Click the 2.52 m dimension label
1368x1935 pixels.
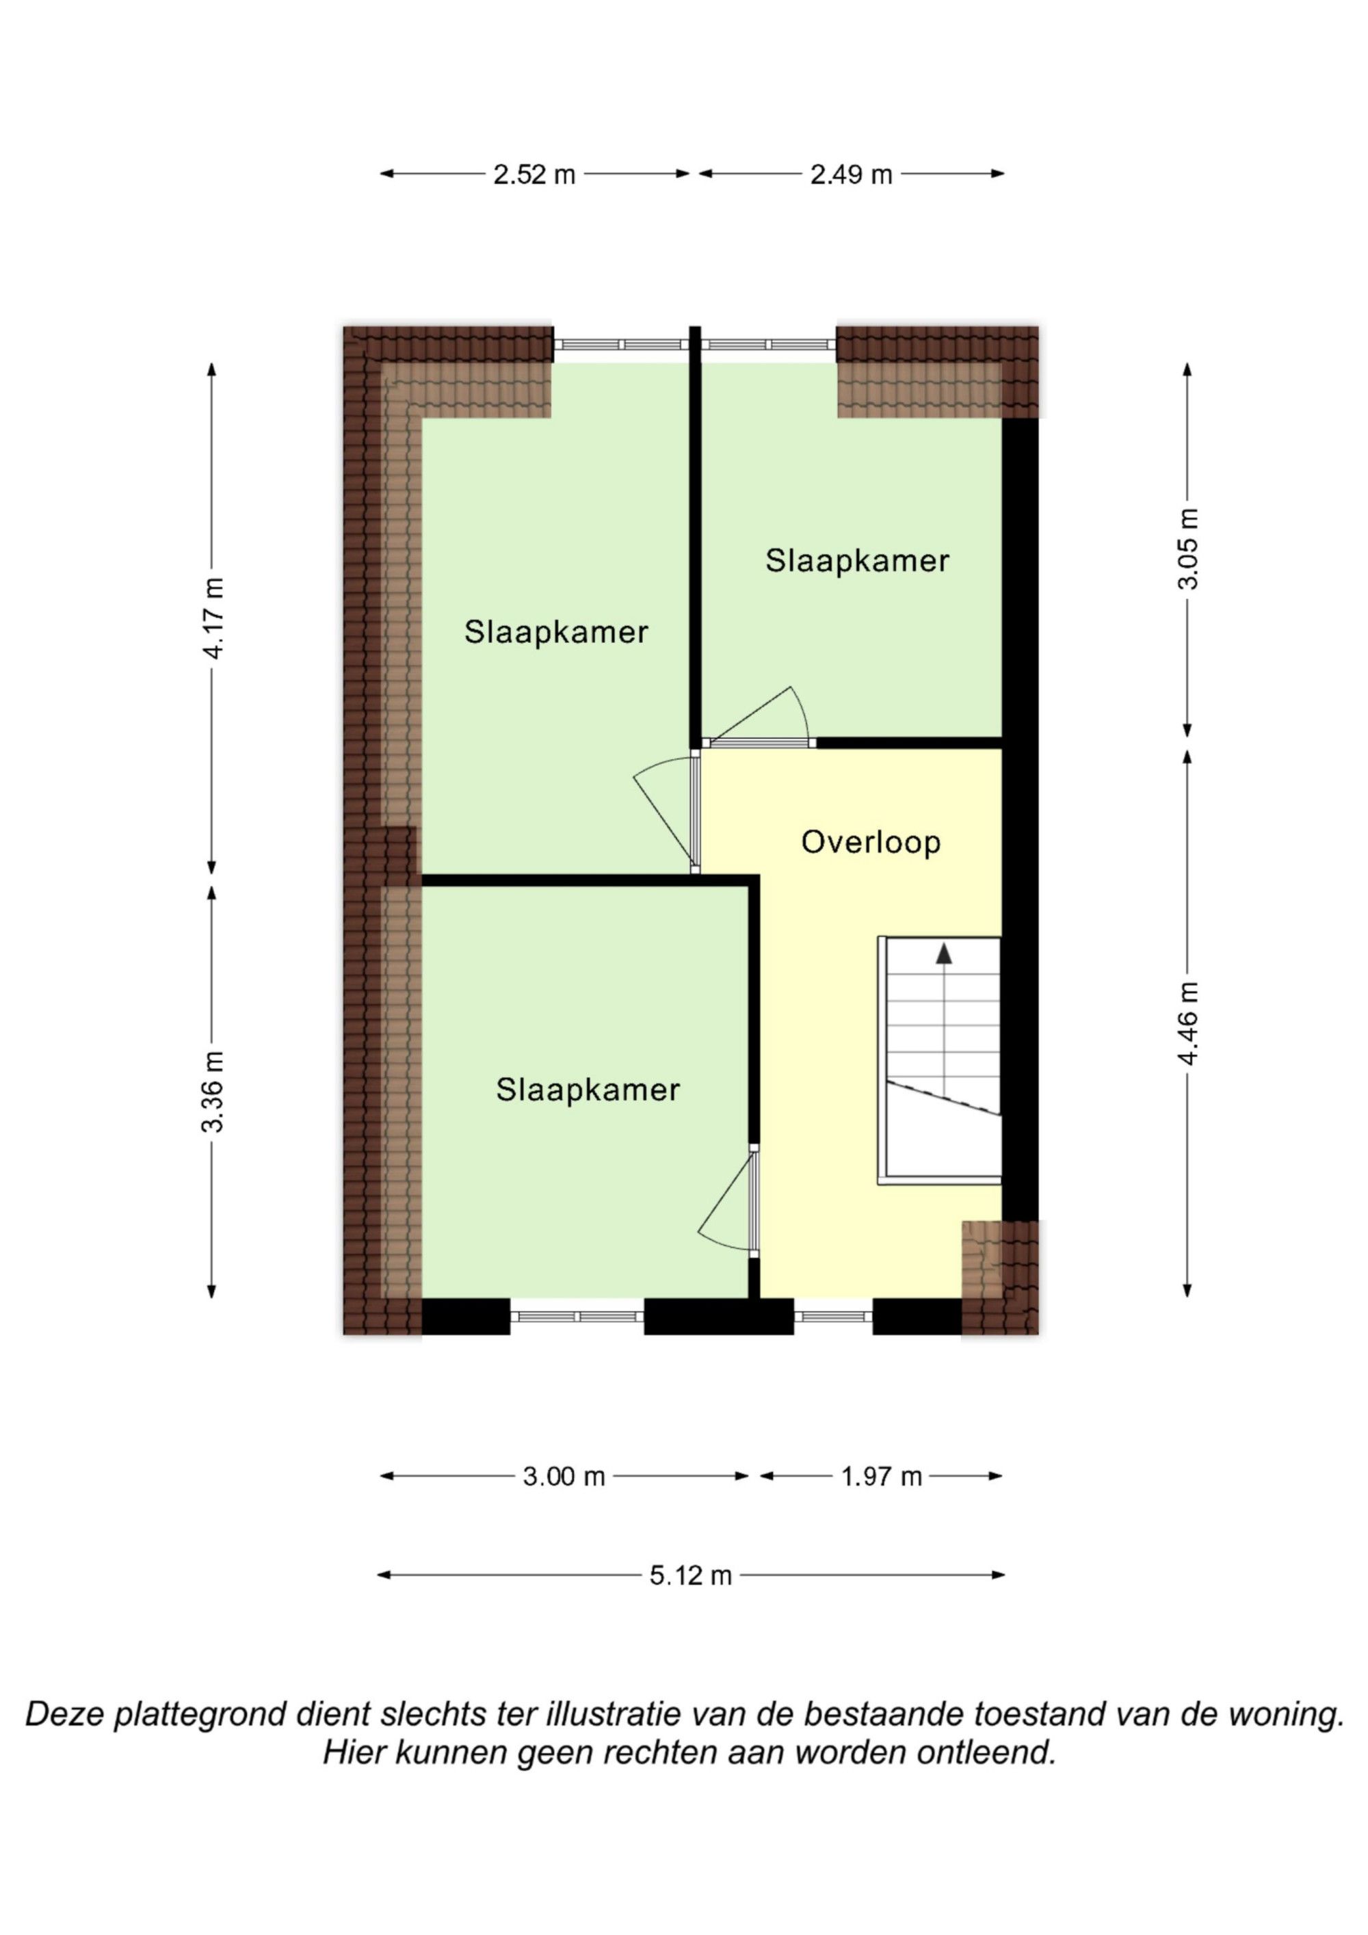click(x=534, y=175)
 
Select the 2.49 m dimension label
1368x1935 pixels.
click(x=852, y=175)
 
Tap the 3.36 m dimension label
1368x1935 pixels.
click(x=214, y=1092)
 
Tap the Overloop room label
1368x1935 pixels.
click(x=871, y=843)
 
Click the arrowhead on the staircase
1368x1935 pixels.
click(x=944, y=953)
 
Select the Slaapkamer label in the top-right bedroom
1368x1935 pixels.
click(x=857, y=562)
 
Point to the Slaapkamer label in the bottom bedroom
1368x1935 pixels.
click(x=588, y=1090)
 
